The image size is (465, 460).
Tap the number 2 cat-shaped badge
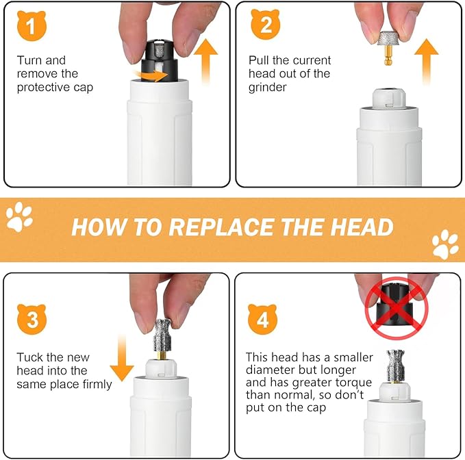coord(264,28)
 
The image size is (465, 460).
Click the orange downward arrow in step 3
coord(123,357)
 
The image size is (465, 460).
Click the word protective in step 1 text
coord(43,88)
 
